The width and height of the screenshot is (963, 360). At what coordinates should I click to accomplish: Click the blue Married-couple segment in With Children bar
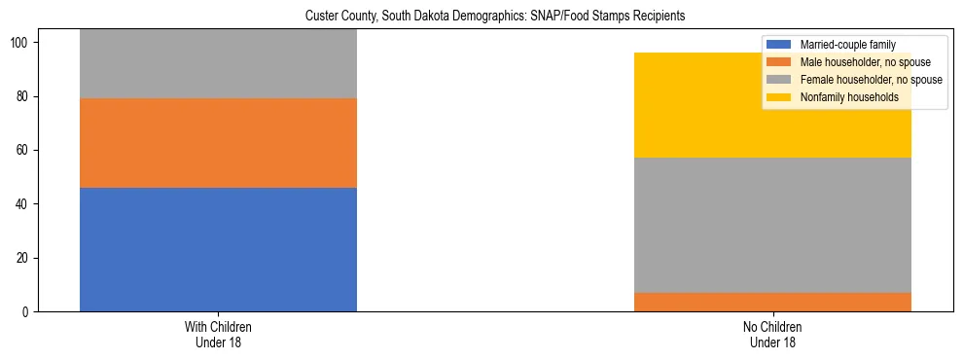[x=218, y=249]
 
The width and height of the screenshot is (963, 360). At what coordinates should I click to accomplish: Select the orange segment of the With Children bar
[x=218, y=143]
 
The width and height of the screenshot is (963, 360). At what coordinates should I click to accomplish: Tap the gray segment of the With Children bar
[x=218, y=63]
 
